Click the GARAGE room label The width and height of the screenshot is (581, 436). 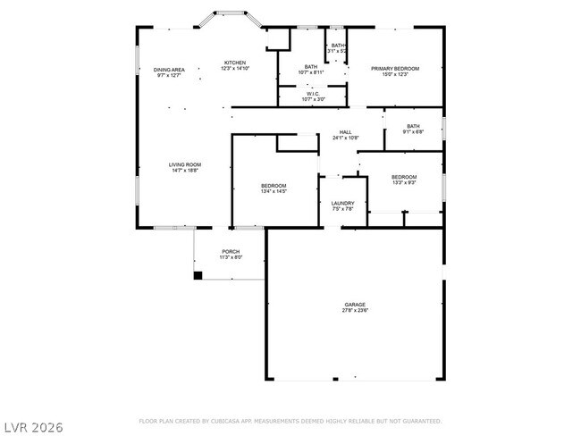tap(355, 305)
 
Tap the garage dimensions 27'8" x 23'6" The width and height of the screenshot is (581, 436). tap(355, 311)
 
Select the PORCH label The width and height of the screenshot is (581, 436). tap(231, 251)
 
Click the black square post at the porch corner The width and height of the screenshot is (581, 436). tap(198, 275)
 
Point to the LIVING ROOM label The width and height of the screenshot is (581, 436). tap(185, 164)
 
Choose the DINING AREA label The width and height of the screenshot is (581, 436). tap(169, 69)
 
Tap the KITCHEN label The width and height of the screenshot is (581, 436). tap(236, 63)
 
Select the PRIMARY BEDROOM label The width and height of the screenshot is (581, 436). tap(395, 68)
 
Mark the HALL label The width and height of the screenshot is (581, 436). tap(345, 132)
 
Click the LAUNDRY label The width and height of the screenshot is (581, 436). tap(342, 203)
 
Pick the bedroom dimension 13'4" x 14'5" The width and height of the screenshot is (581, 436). tap(274, 191)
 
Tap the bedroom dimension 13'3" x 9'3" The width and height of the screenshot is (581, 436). tap(404, 183)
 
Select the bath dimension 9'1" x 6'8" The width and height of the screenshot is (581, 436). tap(413, 132)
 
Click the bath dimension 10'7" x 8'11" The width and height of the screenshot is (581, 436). tap(311, 72)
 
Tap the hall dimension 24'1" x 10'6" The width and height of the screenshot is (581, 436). tap(345, 138)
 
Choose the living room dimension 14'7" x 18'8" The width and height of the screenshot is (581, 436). tap(185, 171)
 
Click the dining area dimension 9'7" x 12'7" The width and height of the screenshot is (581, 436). tap(169, 75)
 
